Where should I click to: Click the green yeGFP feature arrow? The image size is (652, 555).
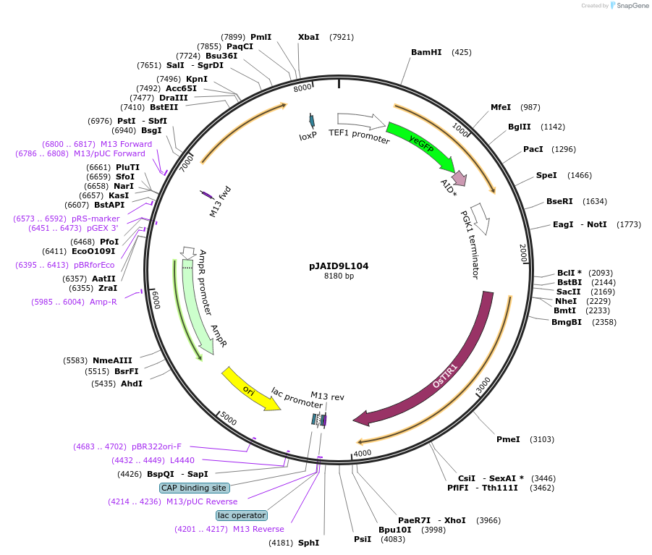(420, 145)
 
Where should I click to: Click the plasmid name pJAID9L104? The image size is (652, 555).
(339, 266)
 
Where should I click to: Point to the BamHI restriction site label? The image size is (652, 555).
(426, 52)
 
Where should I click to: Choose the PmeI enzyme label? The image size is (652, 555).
(508, 439)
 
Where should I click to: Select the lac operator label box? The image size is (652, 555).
(241, 515)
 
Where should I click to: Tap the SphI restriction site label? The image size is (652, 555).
(308, 542)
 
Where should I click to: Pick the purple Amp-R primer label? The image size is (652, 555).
(103, 302)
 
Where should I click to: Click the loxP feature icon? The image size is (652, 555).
(312, 121)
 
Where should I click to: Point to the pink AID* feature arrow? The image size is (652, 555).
(458, 178)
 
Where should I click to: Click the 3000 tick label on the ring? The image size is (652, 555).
(483, 384)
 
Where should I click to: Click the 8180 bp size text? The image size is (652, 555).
(339, 276)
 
